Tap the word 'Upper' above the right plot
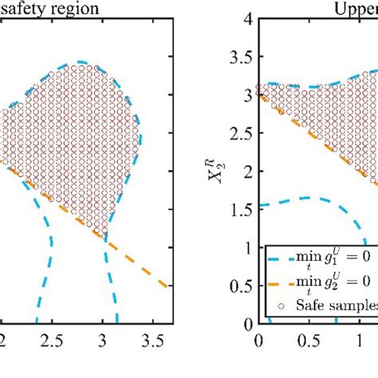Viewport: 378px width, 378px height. (354, 10)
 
